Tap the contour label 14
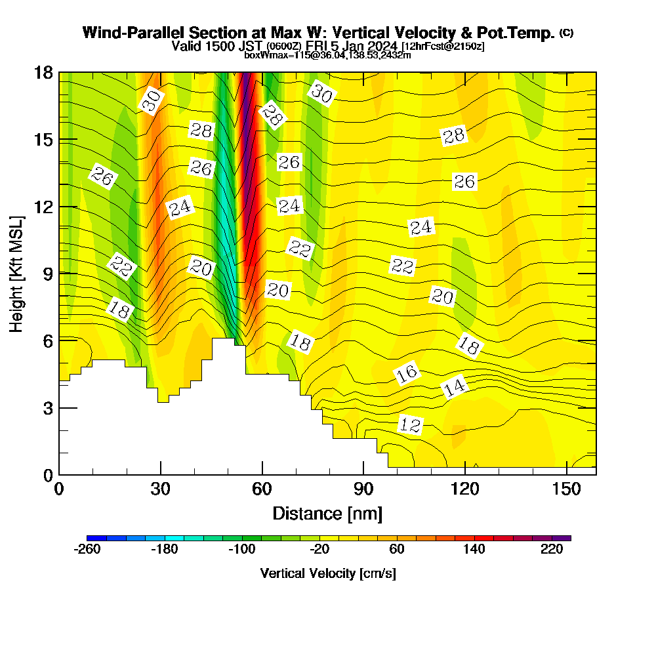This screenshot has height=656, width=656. [455, 387]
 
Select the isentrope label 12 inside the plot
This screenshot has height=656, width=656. [410, 425]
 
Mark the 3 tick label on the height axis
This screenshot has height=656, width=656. [46, 408]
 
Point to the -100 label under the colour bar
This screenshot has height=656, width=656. [242, 550]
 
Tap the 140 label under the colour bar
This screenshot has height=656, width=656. [474, 550]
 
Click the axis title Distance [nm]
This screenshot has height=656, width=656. [327, 513]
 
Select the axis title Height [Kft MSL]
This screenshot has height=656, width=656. [17, 272]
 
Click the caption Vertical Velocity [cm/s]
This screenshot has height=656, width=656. [328, 573]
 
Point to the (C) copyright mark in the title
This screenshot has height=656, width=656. [566, 33]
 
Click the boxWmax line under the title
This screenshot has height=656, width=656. [327, 55]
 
